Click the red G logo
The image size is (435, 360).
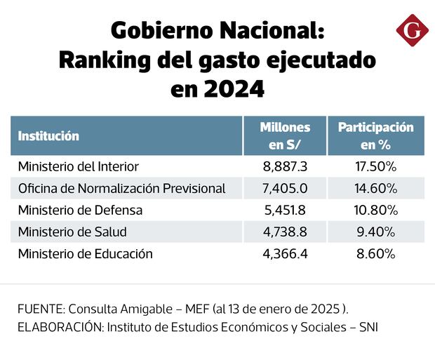click(412, 31)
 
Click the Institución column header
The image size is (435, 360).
click(48, 136)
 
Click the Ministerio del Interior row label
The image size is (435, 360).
click(79, 167)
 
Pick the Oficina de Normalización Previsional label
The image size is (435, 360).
click(122, 189)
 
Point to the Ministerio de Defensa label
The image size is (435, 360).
click(81, 211)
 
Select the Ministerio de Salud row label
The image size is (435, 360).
click(73, 232)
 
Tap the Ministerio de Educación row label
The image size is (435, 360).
click(86, 254)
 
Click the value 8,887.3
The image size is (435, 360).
click(285, 167)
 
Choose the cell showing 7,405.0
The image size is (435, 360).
click(285, 189)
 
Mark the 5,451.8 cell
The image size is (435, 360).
click(285, 211)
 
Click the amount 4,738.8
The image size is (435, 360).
click(285, 232)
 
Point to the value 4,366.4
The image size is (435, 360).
click(285, 254)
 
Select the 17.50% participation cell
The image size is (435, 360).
click(376, 167)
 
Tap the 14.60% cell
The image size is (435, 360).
click(376, 189)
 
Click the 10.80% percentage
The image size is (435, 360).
click(376, 211)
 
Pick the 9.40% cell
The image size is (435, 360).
click(376, 232)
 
